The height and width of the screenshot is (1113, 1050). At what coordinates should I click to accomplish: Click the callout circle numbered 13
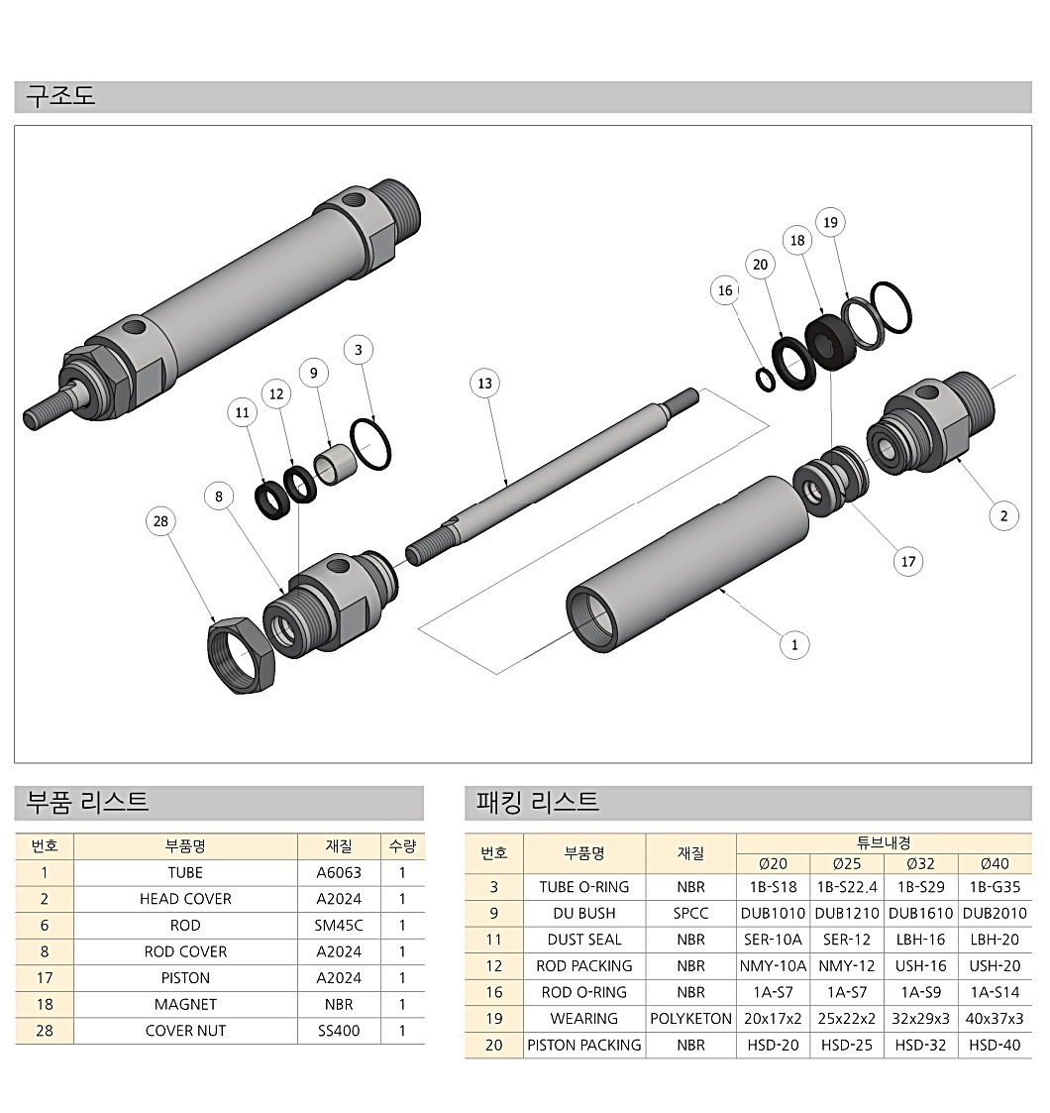(484, 384)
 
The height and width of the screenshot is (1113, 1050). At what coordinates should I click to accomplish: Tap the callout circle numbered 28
(161, 521)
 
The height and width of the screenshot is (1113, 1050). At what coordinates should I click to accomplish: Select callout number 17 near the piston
(908, 562)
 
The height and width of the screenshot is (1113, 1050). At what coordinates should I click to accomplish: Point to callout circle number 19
(830, 222)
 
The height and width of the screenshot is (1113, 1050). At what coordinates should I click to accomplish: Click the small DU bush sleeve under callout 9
(334, 464)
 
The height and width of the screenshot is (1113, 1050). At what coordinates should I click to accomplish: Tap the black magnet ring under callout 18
(831, 342)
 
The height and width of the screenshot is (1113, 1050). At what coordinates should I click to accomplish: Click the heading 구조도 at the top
(60, 96)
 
